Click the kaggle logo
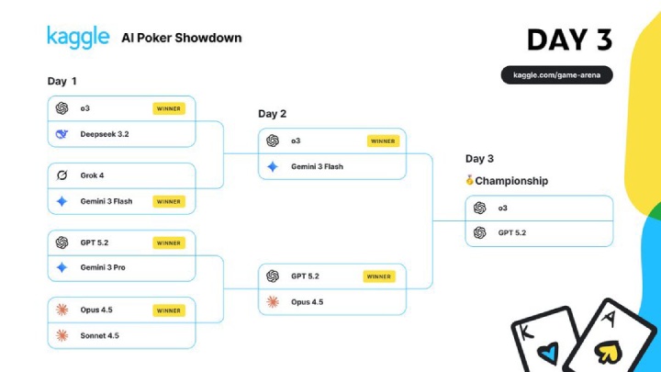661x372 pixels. (78, 38)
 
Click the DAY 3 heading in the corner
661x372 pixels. (569, 39)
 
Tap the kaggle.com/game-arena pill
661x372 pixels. (556, 75)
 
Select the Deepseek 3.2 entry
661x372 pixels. (104, 134)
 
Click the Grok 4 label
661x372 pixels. (92, 175)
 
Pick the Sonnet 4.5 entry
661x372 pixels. (99, 335)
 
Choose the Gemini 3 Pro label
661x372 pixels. (102, 268)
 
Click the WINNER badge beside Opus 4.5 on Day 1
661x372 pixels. (169, 310)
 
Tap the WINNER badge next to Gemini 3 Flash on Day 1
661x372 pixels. (169, 201)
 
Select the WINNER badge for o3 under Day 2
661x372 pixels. (383, 141)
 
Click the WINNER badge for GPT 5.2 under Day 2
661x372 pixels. (378, 276)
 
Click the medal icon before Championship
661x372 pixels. (470, 181)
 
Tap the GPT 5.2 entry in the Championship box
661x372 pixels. (511, 233)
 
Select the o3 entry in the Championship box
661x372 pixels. (502, 209)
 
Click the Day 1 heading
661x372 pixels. (62, 81)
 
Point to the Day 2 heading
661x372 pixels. (273, 114)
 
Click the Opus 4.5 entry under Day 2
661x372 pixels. (307, 302)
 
